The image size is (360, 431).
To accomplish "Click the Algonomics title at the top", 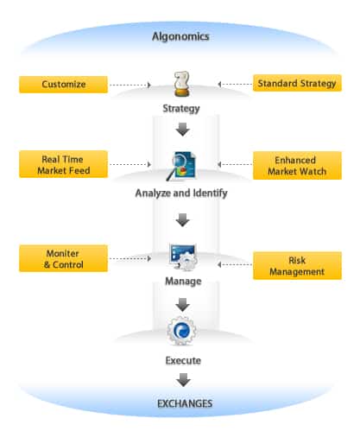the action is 180,36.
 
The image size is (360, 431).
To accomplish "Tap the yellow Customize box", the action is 63,85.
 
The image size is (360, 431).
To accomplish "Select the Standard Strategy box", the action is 297,83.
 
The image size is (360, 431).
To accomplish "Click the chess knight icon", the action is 182,84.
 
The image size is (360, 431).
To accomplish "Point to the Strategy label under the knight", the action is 181,109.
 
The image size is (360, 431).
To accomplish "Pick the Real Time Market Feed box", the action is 63,164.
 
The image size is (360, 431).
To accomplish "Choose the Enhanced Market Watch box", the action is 297,166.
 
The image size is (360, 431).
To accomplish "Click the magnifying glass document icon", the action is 181,166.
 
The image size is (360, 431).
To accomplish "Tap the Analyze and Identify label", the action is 181,193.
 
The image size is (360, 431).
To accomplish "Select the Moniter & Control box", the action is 63,258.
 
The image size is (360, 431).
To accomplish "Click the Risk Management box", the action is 297,266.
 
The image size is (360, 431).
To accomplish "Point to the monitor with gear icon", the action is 183,257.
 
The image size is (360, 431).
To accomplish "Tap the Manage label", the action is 183,281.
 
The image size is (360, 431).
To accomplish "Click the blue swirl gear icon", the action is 181,331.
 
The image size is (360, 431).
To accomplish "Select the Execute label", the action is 183,360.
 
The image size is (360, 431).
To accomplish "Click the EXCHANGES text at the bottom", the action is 185,403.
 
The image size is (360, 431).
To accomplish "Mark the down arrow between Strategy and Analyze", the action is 182,130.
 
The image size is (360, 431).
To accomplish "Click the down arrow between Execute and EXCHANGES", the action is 183,380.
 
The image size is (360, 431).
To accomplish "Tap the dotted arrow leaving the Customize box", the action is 130,85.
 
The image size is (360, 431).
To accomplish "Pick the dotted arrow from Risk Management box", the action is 235,264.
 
